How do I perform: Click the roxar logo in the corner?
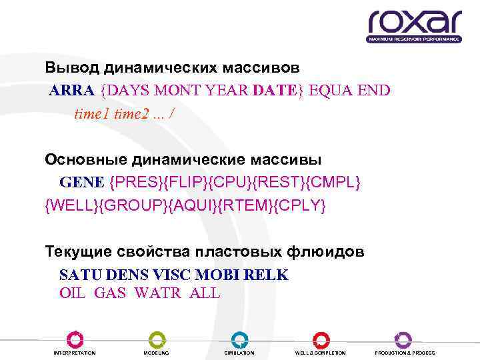click(414, 26)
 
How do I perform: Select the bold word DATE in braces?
click(275, 90)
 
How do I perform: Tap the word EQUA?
click(331, 90)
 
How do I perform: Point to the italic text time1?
click(92, 113)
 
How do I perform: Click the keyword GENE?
click(82, 182)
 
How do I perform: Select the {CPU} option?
click(236, 182)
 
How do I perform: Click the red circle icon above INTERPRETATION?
click(74, 339)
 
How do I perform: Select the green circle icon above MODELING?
click(156, 339)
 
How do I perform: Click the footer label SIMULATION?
click(239, 353)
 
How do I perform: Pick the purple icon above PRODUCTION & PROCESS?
click(404, 339)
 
